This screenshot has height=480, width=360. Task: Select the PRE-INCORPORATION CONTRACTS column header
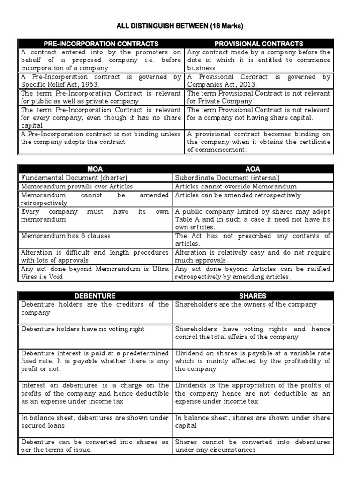(x=101, y=44)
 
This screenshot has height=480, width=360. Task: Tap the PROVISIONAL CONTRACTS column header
(x=258, y=44)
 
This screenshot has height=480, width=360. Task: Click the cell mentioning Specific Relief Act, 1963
(x=101, y=81)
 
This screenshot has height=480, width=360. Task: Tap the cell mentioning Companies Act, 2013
(x=258, y=81)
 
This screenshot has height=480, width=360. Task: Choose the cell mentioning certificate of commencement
(x=258, y=142)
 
